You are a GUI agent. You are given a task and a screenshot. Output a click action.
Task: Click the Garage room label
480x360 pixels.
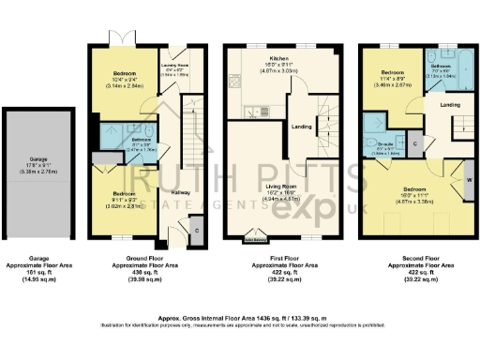tap(37, 161)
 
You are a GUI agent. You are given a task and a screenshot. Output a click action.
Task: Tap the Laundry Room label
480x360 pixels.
tap(175, 65)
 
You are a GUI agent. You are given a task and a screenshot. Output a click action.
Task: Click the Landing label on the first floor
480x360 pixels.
tap(302, 127)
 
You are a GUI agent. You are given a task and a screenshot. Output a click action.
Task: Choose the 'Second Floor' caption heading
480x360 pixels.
tap(413, 255)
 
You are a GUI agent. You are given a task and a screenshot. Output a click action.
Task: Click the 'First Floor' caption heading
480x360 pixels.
tap(275, 255)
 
